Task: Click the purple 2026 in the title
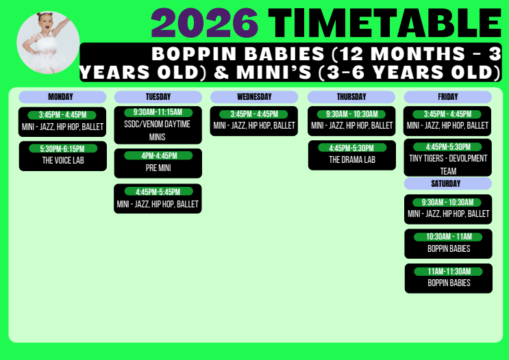(x=205, y=23)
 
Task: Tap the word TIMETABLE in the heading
(x=385, y=23)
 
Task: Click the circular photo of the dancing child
(x=48, y=42)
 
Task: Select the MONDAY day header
(x=62, y=97)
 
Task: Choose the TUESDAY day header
(x=158, y=97)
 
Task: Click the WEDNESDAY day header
(x=254, y=97)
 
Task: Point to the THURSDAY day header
(x=351, y=97)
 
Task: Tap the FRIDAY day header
(x=447, y=97)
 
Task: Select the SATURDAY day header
(x=447, y=183)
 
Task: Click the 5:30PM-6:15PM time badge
(x=63, y=149)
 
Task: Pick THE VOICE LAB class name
(x=63, y=160)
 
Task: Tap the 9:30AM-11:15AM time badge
(x=158, y=112)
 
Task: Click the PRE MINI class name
(x=158, y=168)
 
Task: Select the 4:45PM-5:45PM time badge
(x=158, y=192)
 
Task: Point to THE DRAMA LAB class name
(x=352, y=159)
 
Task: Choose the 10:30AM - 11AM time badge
(x=448, y=237)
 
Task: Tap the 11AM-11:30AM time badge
(x=449, y=272)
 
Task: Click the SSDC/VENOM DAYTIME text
(x=157, y=124)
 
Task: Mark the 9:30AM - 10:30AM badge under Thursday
(x=351, y=114)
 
